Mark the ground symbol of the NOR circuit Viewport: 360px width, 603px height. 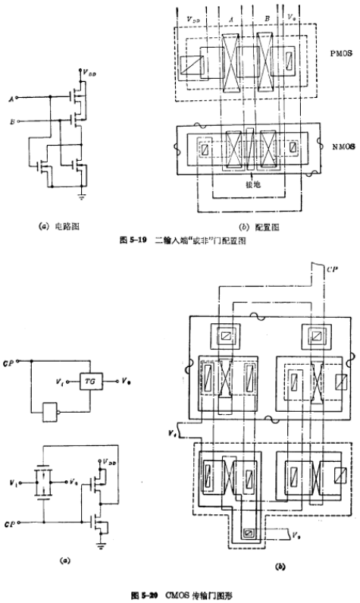(82, 195)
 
